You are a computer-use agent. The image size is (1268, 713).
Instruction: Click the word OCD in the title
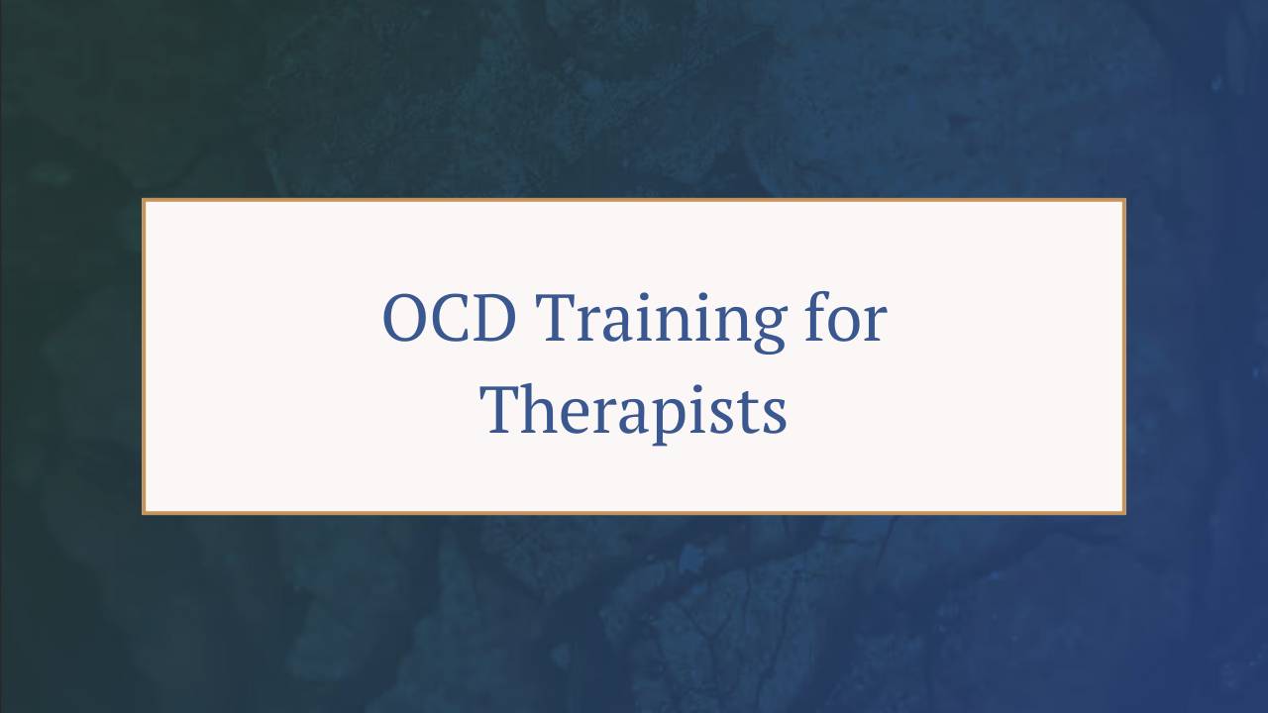click(451, 319)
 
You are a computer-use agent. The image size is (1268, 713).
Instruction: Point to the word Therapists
click(634, 409)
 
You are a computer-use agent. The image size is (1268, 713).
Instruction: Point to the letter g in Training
click(759, 329)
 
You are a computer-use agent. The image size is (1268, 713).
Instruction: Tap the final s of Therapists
click(774, 416)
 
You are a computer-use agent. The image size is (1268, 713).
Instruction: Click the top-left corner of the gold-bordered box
click(144, 200)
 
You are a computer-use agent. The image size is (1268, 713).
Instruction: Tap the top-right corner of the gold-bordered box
click(1124, 200)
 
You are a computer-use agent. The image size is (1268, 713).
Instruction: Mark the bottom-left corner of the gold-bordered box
click(144, 512)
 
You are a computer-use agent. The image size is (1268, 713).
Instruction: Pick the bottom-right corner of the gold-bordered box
click(1124, 512)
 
